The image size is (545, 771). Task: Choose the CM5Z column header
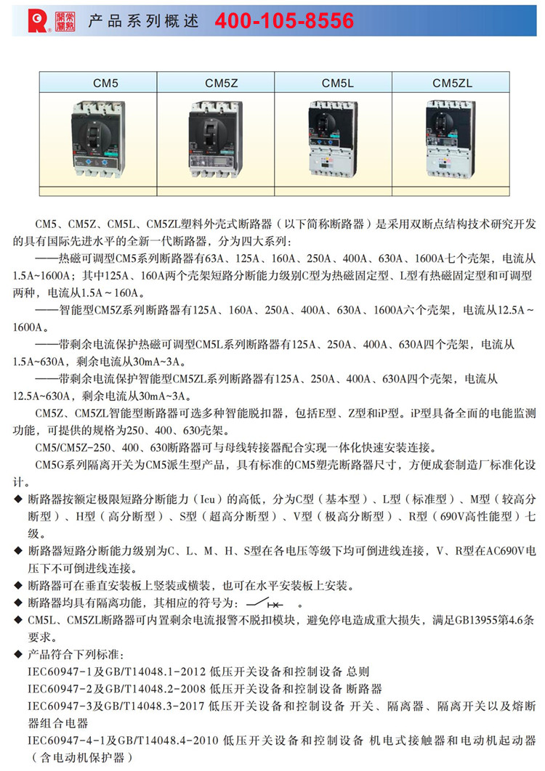click(x=216, y=83)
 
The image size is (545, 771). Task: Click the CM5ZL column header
click(x=451, y=83)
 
